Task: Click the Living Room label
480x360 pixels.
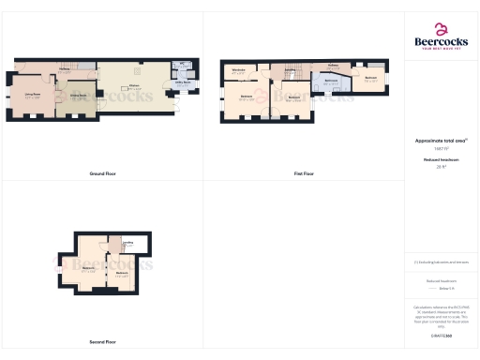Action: point(32,95)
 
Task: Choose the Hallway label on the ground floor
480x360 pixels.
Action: point(64,71)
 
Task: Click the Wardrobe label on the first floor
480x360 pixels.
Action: point(238,70)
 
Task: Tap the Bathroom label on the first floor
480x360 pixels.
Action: point(330,82)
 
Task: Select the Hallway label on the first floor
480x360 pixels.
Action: point(333,66)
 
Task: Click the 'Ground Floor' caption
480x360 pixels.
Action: point(102,173)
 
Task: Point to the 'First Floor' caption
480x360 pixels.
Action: point(304,173)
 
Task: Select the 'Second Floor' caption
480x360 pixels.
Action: point(102,342)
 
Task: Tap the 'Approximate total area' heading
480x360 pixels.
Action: point(441,142)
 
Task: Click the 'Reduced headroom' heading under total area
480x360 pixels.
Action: point(441,160)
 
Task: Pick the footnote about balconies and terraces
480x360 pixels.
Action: point(441,262)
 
